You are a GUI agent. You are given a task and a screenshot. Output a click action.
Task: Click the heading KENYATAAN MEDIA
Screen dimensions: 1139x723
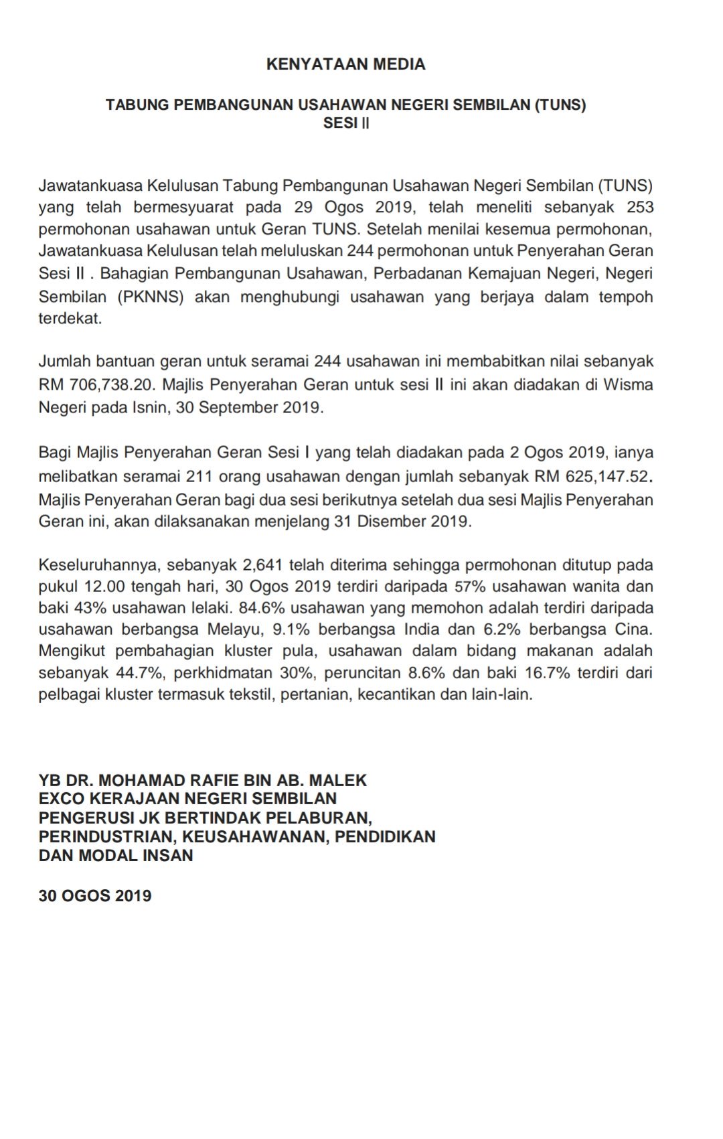coord(345,64)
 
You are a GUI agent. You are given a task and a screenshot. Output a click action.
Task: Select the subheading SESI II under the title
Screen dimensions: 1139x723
coord(345,123)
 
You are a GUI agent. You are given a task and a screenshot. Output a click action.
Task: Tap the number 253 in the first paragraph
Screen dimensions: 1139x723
coord(640,207)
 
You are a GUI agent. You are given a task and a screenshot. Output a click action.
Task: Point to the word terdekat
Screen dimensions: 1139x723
coord(70,318)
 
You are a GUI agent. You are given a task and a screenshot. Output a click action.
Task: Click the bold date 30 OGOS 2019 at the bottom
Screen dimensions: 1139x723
coord(95,896)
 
